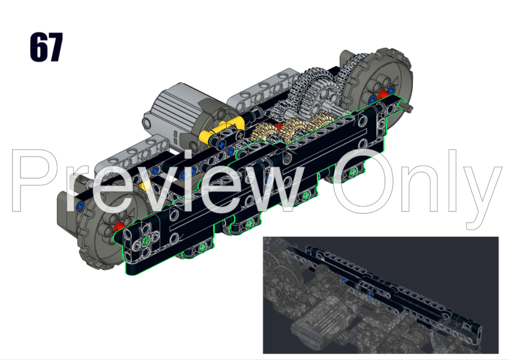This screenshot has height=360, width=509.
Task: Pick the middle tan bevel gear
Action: [294, 127]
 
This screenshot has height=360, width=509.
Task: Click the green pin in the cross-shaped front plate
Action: [146, 243]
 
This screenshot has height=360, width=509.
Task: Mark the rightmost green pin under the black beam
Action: [352, 173]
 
